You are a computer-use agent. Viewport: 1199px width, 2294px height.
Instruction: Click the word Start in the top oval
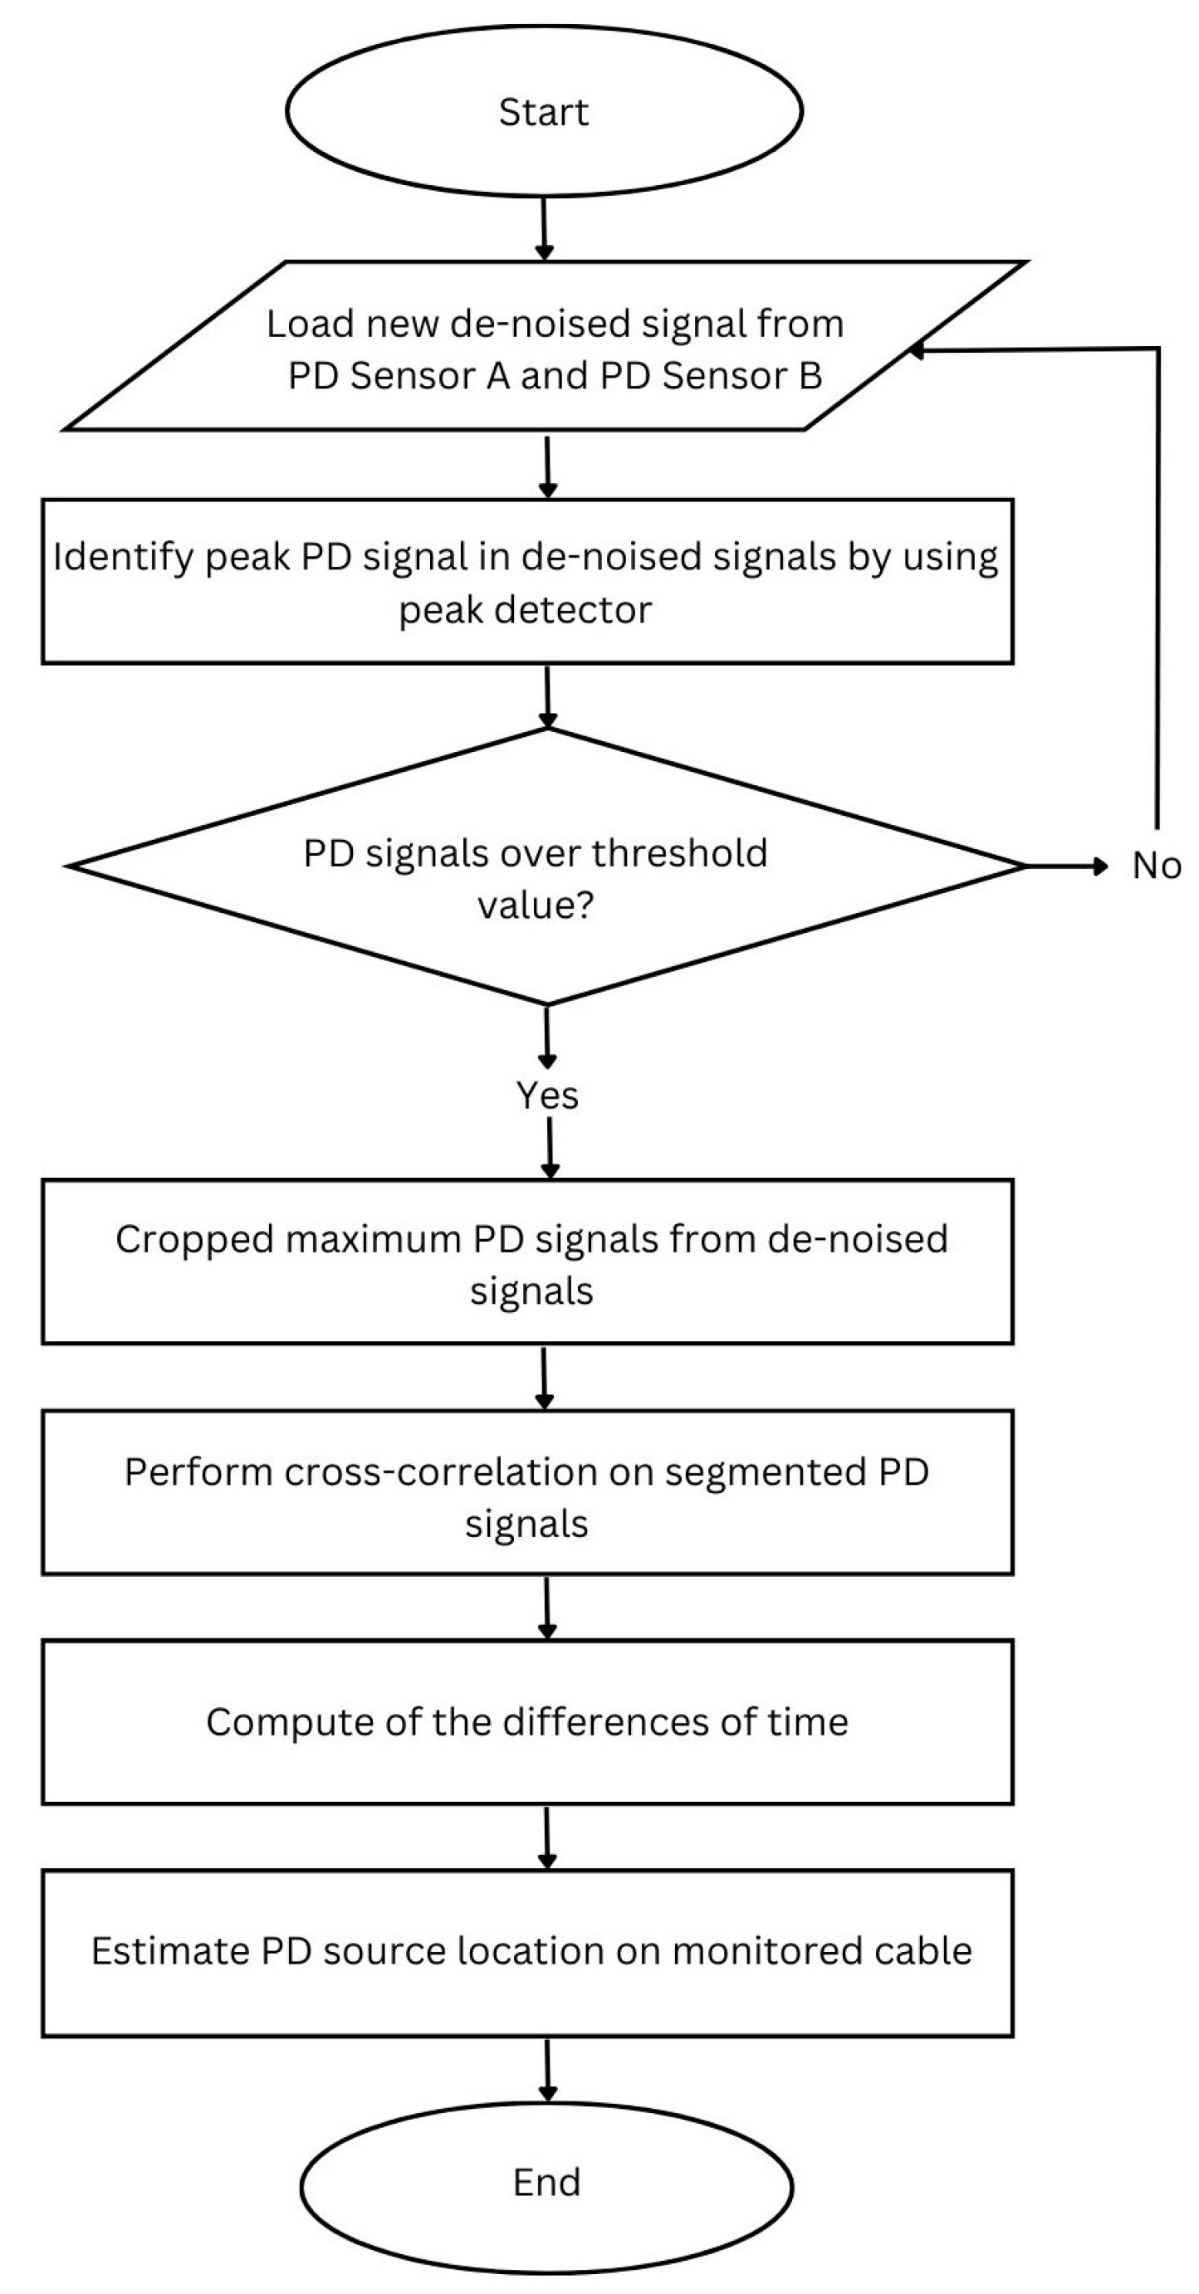(x=543, y=112)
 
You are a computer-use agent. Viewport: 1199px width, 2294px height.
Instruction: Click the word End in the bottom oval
(x=546, y=2182)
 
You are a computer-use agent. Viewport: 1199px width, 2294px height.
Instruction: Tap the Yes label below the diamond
(x=547, y=1096)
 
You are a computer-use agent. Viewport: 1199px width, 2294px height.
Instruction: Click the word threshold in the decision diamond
(x=678, y=853)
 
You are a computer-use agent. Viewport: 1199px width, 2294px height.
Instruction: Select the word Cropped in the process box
(x=193, y=1240)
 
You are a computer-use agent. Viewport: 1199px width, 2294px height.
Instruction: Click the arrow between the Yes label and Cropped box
(x=550, y=1148)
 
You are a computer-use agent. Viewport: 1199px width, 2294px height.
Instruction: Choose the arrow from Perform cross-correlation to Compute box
(x=547, y=1607)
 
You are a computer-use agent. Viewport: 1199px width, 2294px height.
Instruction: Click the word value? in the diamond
(x=535, y=905)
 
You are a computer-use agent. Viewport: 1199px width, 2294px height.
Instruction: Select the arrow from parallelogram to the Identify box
(x=547, y=465)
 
